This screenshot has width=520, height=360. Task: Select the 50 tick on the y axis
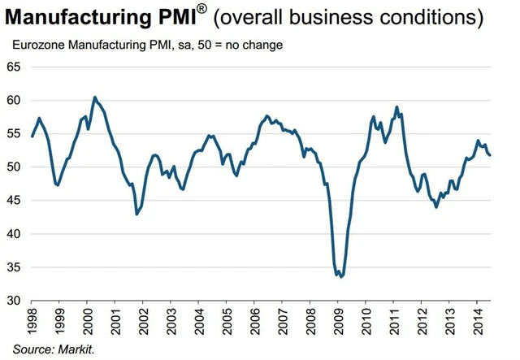(14, 167)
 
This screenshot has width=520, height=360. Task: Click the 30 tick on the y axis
(14, 300)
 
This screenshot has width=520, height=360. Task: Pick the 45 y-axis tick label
(14, 200)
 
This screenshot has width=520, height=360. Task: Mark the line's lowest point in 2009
(341, 277)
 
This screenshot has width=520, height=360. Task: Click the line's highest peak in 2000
(95, 98)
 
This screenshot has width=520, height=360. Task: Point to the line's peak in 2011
(396, 106)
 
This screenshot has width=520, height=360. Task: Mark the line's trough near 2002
(136, 214)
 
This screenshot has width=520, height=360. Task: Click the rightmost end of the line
(490, 155)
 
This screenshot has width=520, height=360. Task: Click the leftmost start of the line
(32, 136)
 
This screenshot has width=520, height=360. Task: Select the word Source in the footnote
(28, 349)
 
